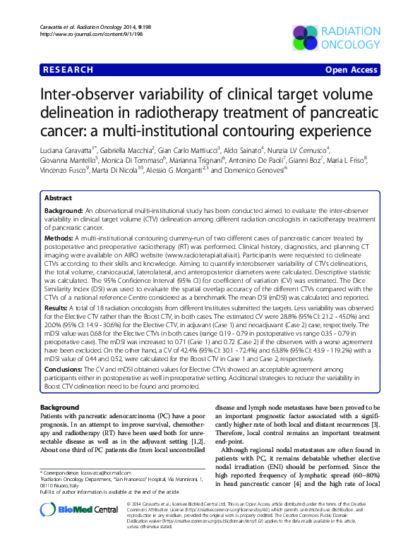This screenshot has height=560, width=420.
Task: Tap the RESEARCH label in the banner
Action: pyautogui.click(x=68, y=70)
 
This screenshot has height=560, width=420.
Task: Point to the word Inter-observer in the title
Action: pyautogui.click(x=91, y=97)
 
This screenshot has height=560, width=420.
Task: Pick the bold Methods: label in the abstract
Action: pyautogui.click(x=60, y=239)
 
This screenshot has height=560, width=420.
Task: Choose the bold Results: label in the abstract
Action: pyautogui.click(x=58, y=308)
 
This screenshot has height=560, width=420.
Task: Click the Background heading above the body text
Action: pyautogui.click(x=59, y=408)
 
